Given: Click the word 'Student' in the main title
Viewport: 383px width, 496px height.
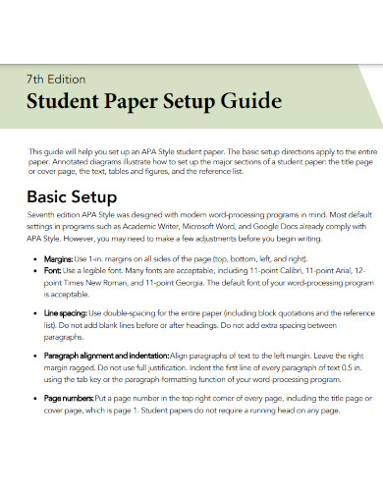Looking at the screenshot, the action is pos(65,102).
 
